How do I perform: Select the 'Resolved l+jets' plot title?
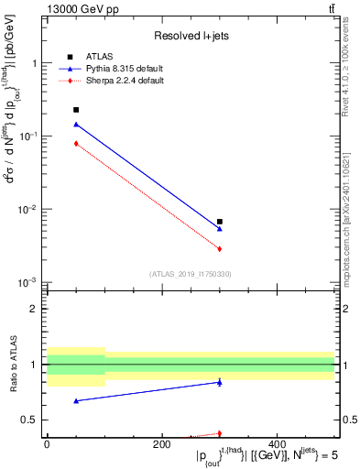[190, 36]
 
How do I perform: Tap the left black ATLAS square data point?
[76, 110]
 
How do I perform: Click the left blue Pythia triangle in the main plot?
[76, 124]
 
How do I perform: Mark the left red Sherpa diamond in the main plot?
[76, 143]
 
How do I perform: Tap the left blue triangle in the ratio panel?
[76, 400]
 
